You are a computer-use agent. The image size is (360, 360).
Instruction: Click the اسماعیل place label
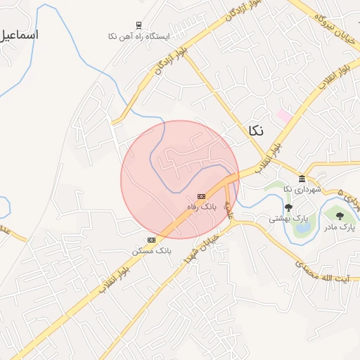(20, 34)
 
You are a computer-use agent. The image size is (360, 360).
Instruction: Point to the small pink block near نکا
(284, 114)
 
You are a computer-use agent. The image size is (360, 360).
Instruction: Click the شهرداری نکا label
(302, 189)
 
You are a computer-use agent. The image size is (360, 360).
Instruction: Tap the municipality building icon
(302, 179)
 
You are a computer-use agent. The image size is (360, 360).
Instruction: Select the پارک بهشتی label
(283, 219)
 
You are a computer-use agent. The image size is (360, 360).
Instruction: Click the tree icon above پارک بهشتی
(288, 207)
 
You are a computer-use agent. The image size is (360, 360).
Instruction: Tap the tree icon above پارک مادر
(340, 216)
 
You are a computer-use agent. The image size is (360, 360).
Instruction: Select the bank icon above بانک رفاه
(202, 196)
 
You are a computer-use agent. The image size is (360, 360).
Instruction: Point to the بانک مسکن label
(151, 250)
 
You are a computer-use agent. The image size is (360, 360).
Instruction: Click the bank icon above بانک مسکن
(151, 240)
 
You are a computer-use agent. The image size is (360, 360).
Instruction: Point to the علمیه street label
(229, 209)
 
